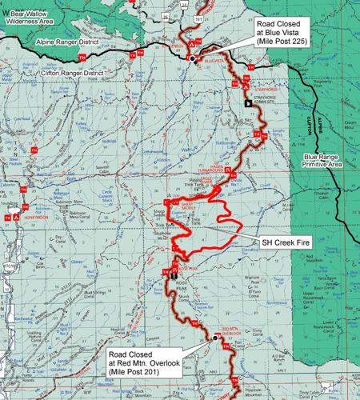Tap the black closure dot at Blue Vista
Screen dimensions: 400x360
(192, 58)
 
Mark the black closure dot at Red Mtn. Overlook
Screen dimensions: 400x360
(215, 338)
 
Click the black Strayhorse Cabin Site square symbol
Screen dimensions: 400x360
(248, 102)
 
